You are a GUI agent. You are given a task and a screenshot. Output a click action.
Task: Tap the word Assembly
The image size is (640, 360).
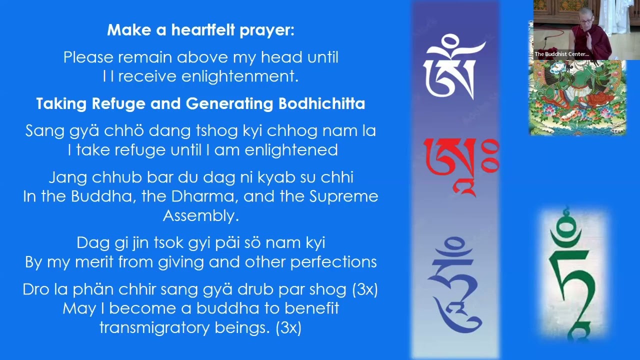pyautogui.click(x=200, y=216)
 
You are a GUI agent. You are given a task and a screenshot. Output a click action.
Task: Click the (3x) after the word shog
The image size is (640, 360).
pyautogui.click(x=365, y=289)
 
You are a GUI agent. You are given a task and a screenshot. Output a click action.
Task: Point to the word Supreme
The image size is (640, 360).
pyautogui.click(x=343, y=196)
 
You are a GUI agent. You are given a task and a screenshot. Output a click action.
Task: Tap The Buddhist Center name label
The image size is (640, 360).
pyautogui.click(x=561, y=54)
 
